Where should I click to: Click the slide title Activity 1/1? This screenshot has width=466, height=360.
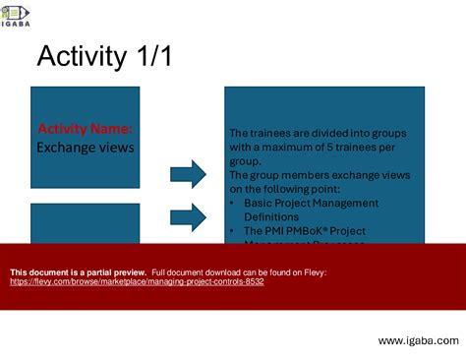click(104, 58)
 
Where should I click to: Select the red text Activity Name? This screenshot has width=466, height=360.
click(85, 129)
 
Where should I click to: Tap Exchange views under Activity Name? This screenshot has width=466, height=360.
click(85, 147)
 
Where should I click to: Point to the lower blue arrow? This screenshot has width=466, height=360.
click(188, 214)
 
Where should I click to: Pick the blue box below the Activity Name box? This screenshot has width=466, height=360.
click(85, 221)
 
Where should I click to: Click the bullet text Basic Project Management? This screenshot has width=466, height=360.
click(311, 203)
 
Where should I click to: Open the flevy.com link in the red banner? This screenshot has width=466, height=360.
click(137, 281)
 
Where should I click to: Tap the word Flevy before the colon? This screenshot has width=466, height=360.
click(313, 271)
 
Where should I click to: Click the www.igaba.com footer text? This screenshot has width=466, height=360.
click(418, 340)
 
